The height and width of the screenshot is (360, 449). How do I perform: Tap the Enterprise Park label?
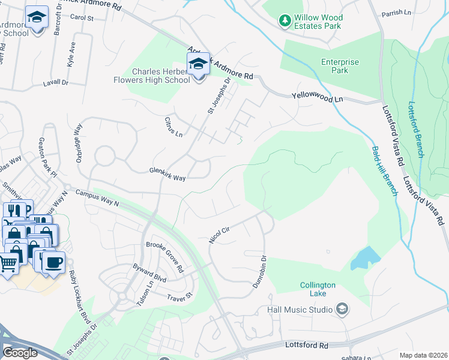pos(339,66)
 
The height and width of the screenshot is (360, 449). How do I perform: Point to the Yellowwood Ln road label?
pos(316,97)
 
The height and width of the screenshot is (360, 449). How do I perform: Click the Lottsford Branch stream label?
pos(415,129)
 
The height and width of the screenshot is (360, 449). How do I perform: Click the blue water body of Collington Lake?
pos(365,259)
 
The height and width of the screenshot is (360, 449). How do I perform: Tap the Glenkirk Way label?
pos(167,174)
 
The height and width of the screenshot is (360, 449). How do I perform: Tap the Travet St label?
pos(178,296)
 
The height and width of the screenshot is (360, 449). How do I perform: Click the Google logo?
pos(20,353)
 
